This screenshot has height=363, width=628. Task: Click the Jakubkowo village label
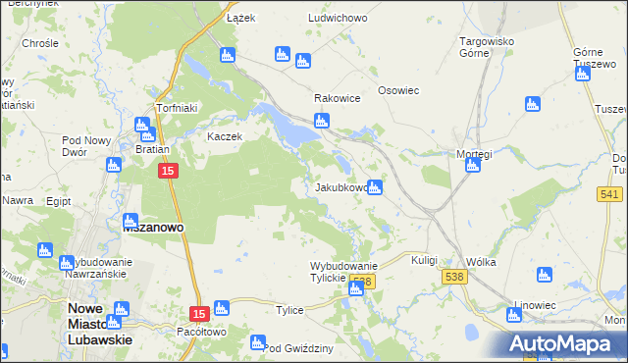pyautogui.click(x=341, y=187)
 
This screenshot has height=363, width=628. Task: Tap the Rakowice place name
pyautogui.click(x=337, y=99)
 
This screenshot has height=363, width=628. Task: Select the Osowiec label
pyautogui.click(x=398, y=90)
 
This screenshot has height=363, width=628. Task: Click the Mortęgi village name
pyautogui.click(x=473, y=154)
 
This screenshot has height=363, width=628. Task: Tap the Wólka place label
pyautogui.click(x=482, y=262)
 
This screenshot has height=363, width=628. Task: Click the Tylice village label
pyautogui.click(x=289, y=310)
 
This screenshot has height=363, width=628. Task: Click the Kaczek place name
pyautogui.click(x=224, y=136)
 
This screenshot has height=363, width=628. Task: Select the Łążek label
pyautogui.click(x=240, y=19)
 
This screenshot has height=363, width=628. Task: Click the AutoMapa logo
pyautogui.click(x=566, y=344)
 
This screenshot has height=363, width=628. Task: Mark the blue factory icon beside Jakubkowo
pyautogui.click(x=374, y=188)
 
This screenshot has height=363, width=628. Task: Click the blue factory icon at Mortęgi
pyautogui.click(x=472, y=165)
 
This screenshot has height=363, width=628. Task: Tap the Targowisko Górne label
pyautogui.click(x=488, y=47)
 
